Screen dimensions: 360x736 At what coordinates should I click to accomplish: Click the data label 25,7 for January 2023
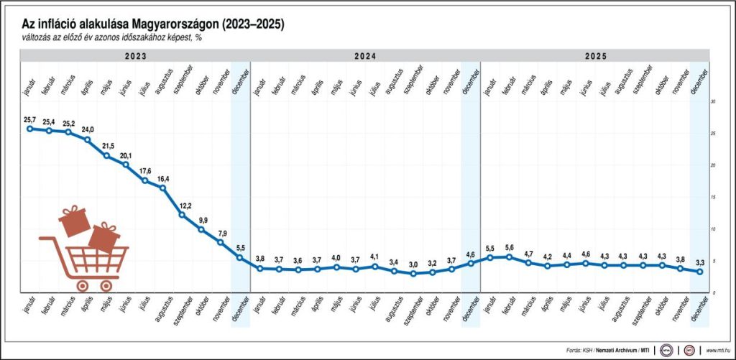coord(29,119)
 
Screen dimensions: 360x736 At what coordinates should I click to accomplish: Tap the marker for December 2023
coord(239,257)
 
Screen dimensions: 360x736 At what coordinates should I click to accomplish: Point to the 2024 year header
coord(365,55)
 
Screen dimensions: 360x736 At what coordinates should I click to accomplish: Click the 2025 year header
coord(596,55)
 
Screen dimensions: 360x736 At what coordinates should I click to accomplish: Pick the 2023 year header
coord(135,55)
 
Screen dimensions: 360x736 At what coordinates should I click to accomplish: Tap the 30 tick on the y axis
coord(713,102)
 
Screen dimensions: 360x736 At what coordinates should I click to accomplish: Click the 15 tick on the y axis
coord(713,197)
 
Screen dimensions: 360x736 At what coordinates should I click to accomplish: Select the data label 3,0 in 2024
coord(413,264)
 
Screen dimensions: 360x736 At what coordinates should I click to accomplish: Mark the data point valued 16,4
coord(163,188)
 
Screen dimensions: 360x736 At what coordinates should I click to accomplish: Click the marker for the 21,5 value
coord(106,156)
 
